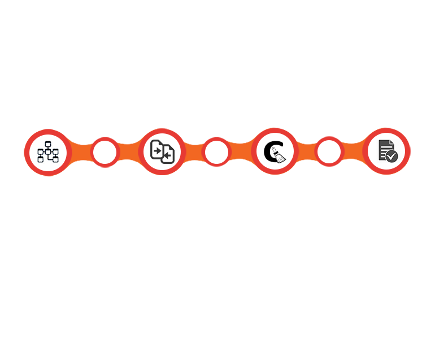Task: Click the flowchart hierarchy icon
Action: [x=48, y=153]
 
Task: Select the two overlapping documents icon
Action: [x=162, y=152]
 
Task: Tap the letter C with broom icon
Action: [x=275, y=152]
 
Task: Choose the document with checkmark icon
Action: [x=387, y=151]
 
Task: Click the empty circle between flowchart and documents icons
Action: [x=105, y=153]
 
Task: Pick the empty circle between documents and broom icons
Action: [x=216, y=153]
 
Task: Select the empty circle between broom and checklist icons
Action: [x=329, y=152]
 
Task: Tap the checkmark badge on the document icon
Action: [x=392, y=157]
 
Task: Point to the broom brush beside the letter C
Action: [x=279, y=155]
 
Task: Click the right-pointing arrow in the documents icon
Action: [x=158, y=150]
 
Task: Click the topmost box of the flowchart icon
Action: [x=48, y=145]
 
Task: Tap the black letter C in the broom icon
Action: [x=270, y=151]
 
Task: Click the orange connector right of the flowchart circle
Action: [x=81, y=153]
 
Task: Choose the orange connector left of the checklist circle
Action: [x=353, y=151]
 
